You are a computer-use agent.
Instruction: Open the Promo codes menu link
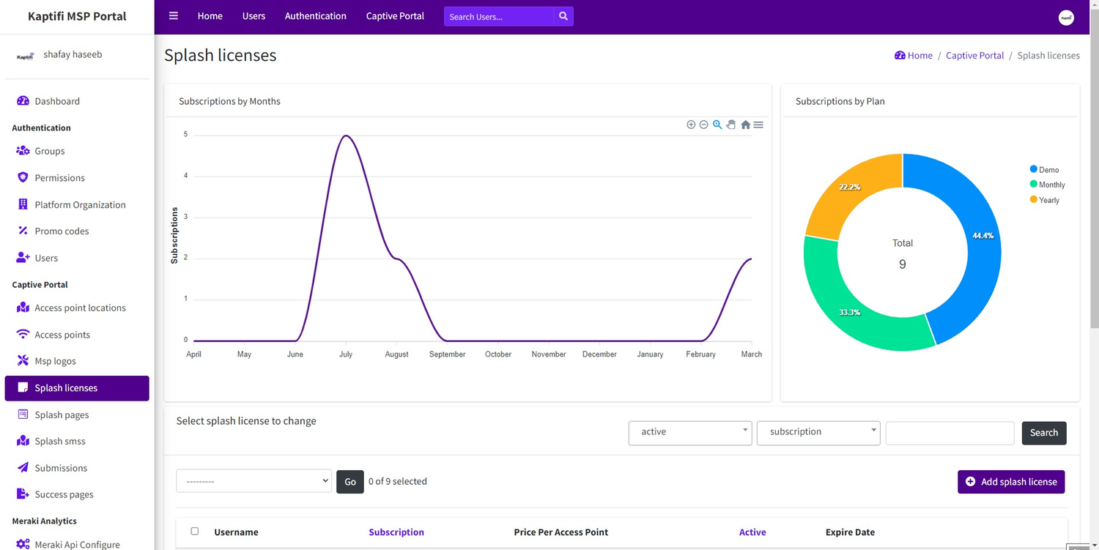[x=62, y=231]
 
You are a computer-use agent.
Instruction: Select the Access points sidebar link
[x=62, y=335]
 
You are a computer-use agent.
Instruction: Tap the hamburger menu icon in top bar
[x=174, y=16]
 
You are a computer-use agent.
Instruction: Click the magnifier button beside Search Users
[x=563, y=16]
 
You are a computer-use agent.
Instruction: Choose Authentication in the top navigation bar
[x=315, y=16]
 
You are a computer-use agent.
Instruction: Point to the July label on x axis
[x=346, y=354]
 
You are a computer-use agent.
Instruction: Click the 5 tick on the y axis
[x=185, y=135]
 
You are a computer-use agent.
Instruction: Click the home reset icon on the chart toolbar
[x=745, y=125]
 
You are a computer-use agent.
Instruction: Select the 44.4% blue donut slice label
[x=983, y=236]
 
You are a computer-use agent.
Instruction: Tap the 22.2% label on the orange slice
[x=849, y=187]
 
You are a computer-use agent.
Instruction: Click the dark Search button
[x=1044, y=433]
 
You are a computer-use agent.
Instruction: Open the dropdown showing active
[x=690, y=432]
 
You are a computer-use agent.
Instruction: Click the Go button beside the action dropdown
[x=350, y=482]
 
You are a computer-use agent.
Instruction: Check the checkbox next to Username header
[x=195, y=532]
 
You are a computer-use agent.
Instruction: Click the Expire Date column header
[x=850, y=532]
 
